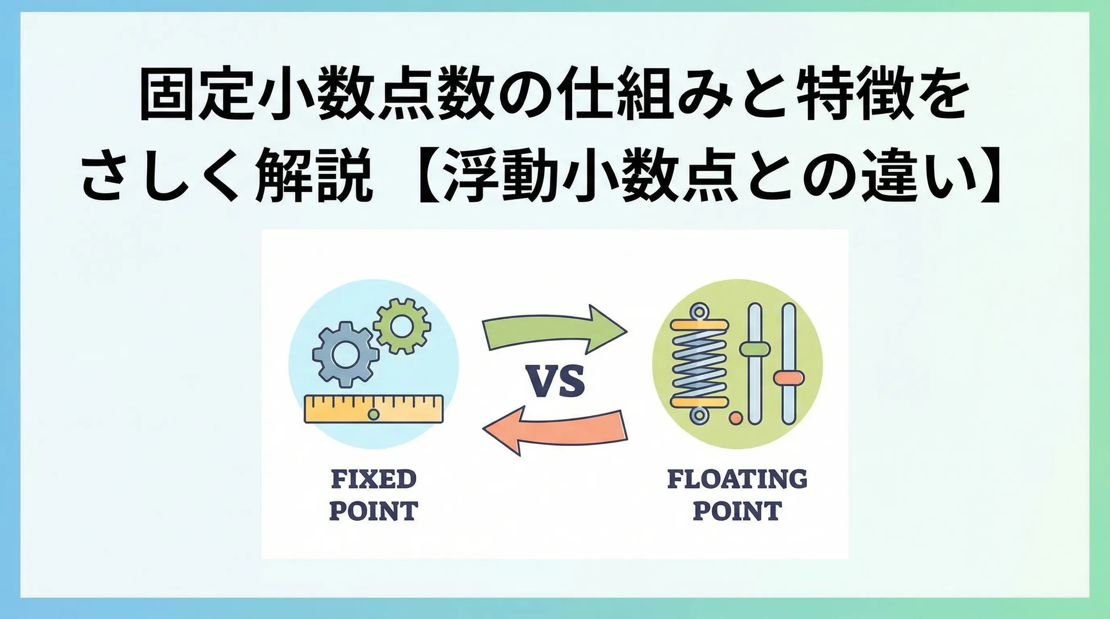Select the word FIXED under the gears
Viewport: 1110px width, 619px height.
click(x=373, y=479)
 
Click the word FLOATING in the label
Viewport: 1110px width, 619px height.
click(x=737, y=479)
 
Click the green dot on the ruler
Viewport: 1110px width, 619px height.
click(x=373, y=415)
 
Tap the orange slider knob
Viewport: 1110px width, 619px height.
click(x=789, y=378)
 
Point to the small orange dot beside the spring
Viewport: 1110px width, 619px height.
click(x=736, y=417)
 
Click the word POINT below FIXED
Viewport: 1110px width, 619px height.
click(x=373, y=511)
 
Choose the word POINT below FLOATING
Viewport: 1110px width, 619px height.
click(x=737, y=511)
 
